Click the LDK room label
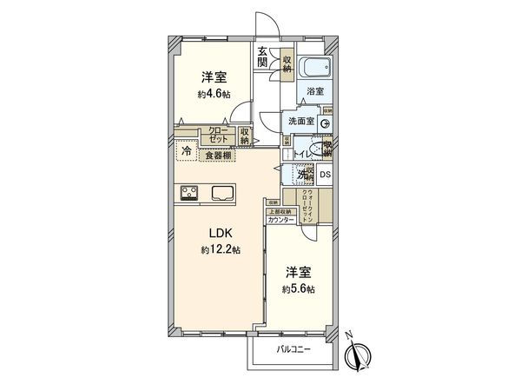click(219, 233)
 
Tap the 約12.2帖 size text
click(219, 249)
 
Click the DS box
click(325, 175)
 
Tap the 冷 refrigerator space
click(187, 151)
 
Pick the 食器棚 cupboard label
click(218, 156)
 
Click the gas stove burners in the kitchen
click(190, 192)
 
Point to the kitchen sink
click(221, 193)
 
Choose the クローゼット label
click(218, 135)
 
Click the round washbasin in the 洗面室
click(325, 124)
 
